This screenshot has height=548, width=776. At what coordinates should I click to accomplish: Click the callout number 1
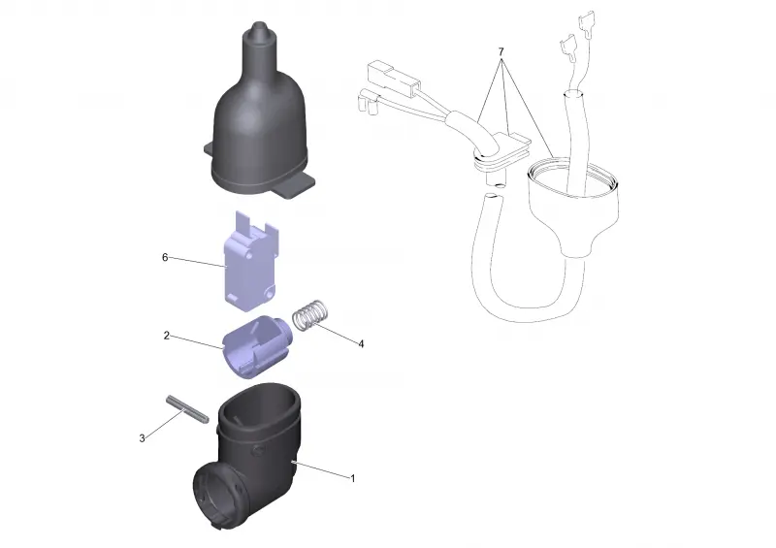tap(353, 479)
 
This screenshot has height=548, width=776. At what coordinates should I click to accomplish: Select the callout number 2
tap(166, 336)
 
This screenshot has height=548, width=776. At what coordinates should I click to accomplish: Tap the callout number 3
tap(142, 438)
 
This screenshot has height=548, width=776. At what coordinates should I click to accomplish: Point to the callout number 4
tap(361, 343)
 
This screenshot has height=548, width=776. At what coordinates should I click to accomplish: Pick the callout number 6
tap(165, 257)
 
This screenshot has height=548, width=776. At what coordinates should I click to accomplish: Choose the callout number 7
tap(501, 51)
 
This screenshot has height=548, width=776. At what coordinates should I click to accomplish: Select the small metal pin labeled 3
tap(187, 409)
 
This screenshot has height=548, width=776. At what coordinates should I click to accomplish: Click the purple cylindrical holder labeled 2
tap(256, 346)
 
